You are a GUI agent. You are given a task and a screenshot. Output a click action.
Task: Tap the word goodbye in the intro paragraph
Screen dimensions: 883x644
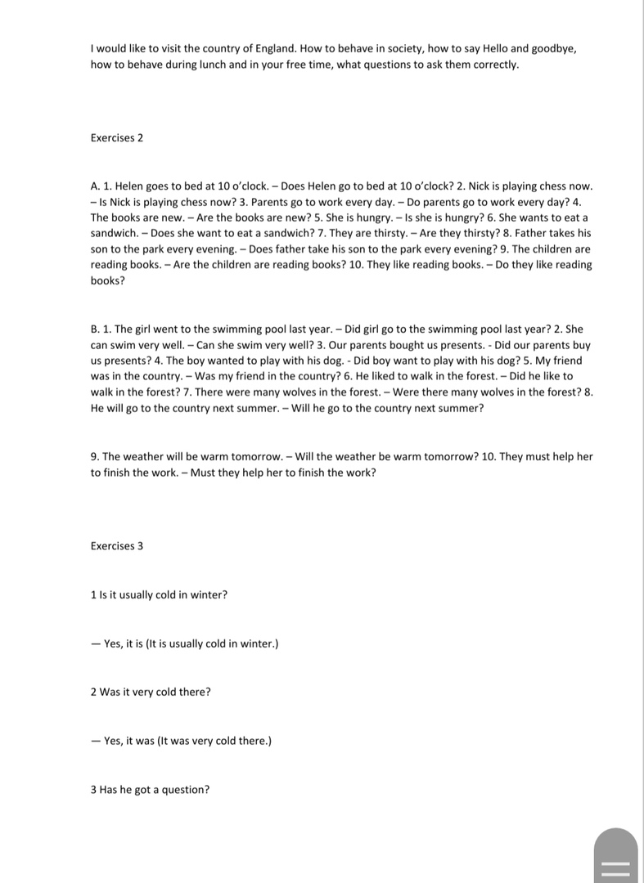point(554,48)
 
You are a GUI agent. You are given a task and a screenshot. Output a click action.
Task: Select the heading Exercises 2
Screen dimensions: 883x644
point(117,137)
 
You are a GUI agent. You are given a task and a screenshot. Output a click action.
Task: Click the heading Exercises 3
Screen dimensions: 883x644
point(117,545)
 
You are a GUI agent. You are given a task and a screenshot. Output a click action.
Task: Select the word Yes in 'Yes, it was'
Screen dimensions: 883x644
point(113,741)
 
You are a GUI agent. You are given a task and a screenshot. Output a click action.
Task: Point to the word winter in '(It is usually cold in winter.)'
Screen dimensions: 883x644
point(258,643)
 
